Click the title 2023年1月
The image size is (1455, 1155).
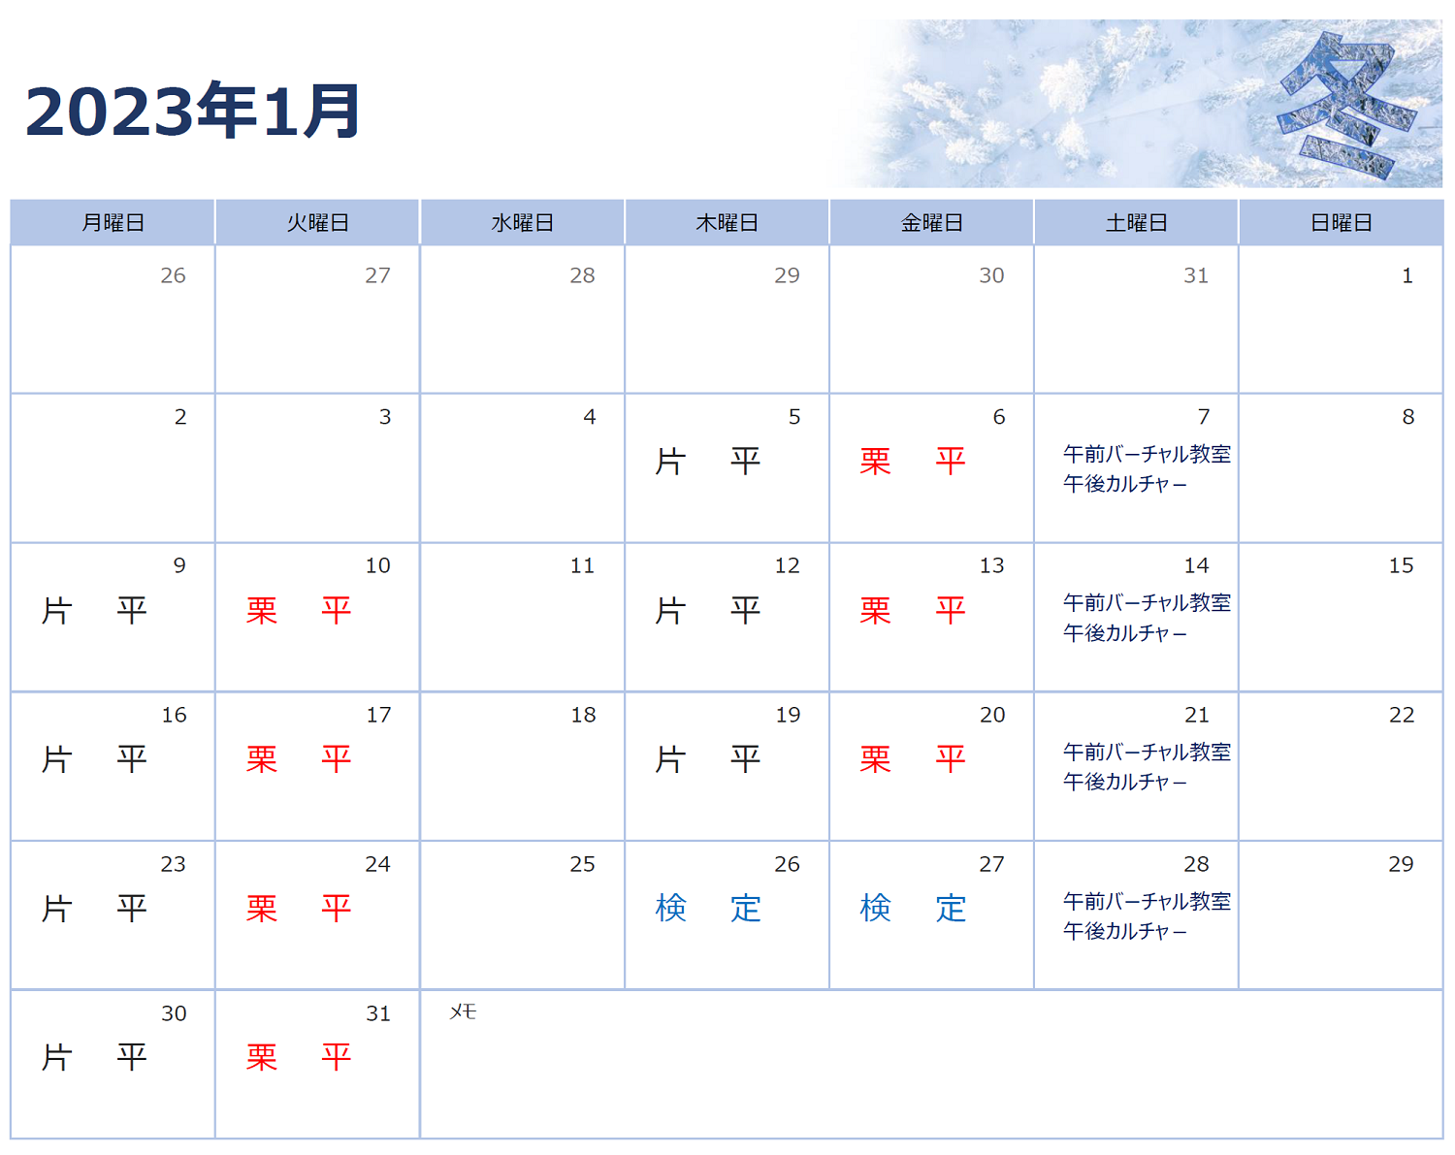(x=193, y=111)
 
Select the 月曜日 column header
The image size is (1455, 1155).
(x=113, y=222)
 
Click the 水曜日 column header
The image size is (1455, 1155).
(x=522, y=222)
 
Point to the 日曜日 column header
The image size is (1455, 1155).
(x=1341, y=222)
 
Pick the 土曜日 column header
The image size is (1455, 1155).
(x=1136, y=222)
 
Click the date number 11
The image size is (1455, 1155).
(x=582, y=565)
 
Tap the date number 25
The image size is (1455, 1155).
(x=582, y=863)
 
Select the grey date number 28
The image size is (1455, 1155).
(x=582, y=275)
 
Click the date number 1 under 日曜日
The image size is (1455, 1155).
(x=1407, y=275)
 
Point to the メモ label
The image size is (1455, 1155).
(x=463, y=1011)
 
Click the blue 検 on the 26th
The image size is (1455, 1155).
(x=670, y=908)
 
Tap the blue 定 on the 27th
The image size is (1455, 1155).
(x=950, y=908)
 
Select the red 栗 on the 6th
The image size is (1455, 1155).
(x=875, y=462)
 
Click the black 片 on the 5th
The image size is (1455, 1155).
(x=670, y=462)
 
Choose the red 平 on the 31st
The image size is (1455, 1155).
(x=336, y=1057)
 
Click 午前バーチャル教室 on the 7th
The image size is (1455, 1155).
(x=1147, y=454)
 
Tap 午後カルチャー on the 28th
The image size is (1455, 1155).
(x=1124, y=931)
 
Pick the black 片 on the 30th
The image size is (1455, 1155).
(x=57, y=1057)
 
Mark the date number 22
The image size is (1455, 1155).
(x=1402, y=715)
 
